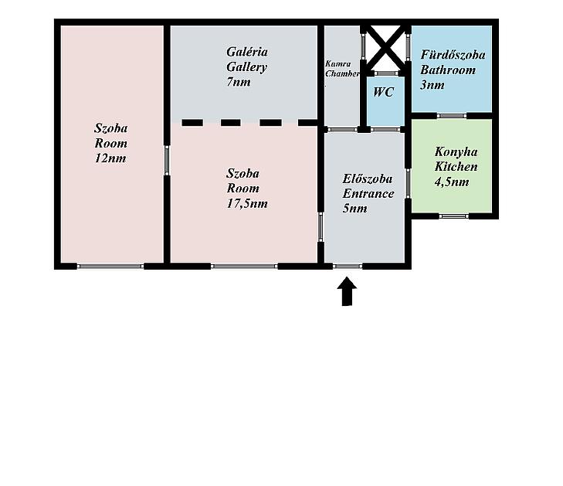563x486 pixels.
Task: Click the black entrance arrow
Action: click(347, 291)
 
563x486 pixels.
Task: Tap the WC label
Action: click(384, 92)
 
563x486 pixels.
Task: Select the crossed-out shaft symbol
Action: click(385, 48)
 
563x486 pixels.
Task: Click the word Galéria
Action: click(247, 52)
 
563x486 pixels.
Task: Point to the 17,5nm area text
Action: click(247, 204)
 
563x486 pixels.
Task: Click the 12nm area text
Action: click(110, 158)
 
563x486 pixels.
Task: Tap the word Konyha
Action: click(456, 152)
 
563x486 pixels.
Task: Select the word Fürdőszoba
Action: click(453, 55)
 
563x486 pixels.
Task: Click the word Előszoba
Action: click(368, 178)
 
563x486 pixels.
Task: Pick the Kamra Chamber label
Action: click(342, 69)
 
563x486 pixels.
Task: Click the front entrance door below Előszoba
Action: click(348, 266)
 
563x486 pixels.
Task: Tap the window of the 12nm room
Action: click(110, 266)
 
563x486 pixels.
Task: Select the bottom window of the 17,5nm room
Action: click(244, 266)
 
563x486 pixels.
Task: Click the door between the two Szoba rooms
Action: click(167, 160)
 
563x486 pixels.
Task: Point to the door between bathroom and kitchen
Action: click(452, 116)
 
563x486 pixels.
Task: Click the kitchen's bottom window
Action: click(454, 216)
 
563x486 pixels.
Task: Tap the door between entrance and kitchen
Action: click(409, 183)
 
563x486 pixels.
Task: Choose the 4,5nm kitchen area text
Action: click(452, 182)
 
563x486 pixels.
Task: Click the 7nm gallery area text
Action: click(239, 82)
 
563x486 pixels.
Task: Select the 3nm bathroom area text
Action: click(432, 85)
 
